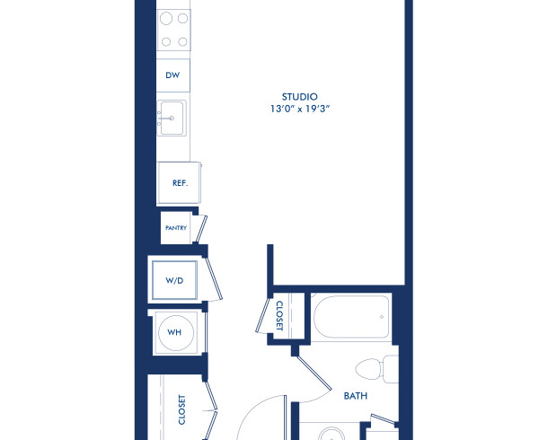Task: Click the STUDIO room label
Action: point(300,96)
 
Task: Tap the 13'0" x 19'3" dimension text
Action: point(300,109)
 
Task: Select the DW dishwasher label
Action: point(172,75)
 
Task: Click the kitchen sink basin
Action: point(172,117)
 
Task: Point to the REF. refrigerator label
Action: point(179,182)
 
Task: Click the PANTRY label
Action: point(175,228)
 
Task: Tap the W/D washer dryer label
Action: point(174,280)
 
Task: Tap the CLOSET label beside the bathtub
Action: point(279,316)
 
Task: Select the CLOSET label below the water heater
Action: point(181,409)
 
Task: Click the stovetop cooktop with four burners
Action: point(173,31)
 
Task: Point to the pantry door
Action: point(203,228)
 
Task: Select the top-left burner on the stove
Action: point(165,19)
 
